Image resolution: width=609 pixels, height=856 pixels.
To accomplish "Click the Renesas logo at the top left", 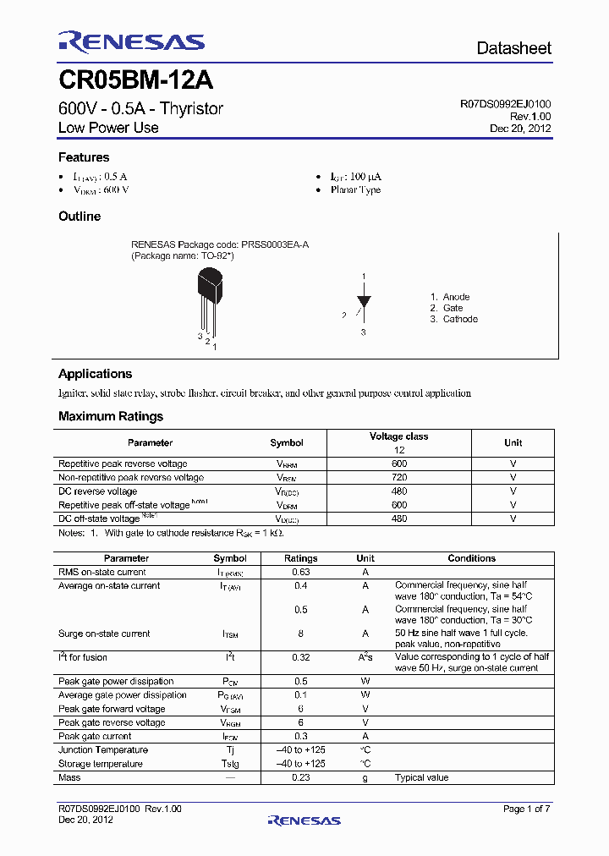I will click(131, 42).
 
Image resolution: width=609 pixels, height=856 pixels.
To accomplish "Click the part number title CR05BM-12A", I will click(135, 81).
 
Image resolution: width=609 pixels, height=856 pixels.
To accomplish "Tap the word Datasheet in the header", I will click(513, 48).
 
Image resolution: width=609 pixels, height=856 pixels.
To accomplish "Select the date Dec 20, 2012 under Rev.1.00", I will click(520, 129).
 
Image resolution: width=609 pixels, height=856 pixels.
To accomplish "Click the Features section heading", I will click(84, 157).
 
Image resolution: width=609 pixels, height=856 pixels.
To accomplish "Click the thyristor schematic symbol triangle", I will click(364, 300).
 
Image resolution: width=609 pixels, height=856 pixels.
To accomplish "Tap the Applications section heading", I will click(95, 374).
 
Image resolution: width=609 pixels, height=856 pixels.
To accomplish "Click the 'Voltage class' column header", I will click(398, 436).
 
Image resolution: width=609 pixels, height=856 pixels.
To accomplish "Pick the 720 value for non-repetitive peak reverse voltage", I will click(399, 477).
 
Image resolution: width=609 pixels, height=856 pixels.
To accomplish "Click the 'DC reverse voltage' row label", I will click(97, 491).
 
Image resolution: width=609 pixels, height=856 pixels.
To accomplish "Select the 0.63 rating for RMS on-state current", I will click(300, 572).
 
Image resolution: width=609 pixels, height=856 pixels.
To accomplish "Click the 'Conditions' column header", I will click(471, 558).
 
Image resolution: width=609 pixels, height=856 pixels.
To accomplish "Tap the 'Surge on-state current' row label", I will click(104, 634).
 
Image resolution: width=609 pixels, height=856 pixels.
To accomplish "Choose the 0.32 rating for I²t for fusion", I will click(300, 657).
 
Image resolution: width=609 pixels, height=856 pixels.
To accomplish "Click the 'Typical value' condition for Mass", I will click(421, 777).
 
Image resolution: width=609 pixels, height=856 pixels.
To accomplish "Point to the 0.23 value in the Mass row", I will click(300, 777).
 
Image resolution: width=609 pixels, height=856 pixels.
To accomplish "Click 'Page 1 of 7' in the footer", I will click(526, 809).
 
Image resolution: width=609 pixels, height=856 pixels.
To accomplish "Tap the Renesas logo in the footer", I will click(304, 820).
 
